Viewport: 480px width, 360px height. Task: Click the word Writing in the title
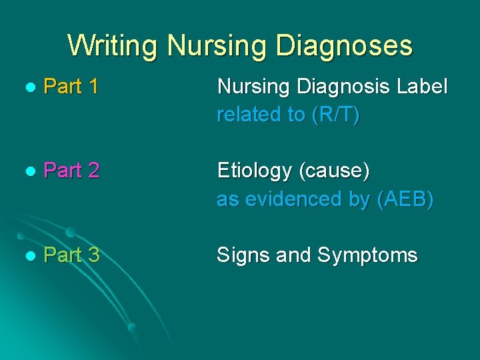pyautogui.click(x=113, y=46)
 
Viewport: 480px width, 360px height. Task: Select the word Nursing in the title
pyautogui.click(x=215, y=46)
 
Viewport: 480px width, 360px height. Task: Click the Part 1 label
pyautogui.click(x=71, y=86)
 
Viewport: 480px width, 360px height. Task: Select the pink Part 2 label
pyautogui.click(x=71, y=171)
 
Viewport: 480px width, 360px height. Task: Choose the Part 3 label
pyautogui.click(x=71, y=255)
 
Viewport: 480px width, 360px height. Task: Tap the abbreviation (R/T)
pyautogui.click(x=335, y=115)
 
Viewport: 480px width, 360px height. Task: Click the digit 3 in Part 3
pyautogui.click(x=93, y=255)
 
